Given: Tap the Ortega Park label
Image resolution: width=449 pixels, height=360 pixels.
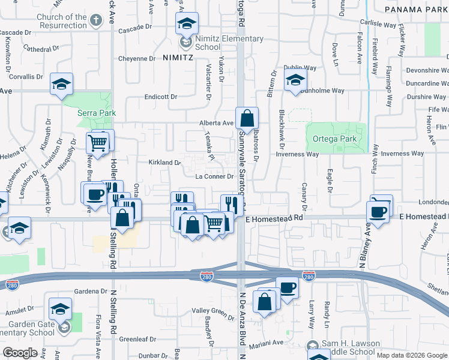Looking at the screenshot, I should (334, 139).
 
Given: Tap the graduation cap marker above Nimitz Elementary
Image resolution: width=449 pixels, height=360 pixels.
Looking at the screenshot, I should (187, 25).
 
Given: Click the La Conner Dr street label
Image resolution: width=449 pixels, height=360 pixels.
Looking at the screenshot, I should (214, 176).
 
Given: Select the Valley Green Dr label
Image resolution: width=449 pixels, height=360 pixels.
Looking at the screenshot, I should (213, 311).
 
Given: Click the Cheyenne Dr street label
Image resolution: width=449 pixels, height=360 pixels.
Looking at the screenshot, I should (136, 59).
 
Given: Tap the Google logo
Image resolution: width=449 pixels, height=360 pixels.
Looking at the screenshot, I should (20, 352).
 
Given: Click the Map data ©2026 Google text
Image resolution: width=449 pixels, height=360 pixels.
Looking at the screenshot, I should (412, 355).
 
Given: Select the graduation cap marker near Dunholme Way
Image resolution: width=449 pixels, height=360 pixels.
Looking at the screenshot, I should (295, 80).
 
